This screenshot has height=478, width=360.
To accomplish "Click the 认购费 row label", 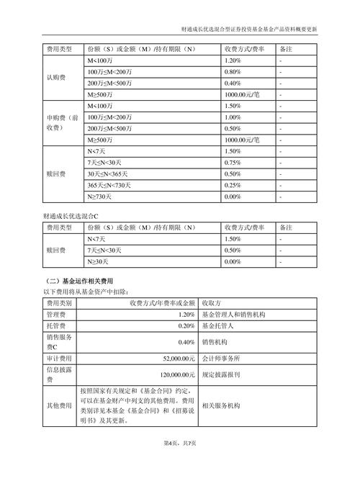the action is [x=56, y=77].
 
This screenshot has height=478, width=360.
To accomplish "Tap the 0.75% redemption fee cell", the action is [x=232, y=163].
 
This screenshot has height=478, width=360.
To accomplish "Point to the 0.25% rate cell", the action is [x=232, y=185].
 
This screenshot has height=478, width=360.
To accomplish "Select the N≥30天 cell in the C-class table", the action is [x=99, y=261].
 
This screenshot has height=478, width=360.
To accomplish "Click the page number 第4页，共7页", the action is [x=180, y=461].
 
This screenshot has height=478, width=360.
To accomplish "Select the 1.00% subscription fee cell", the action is [x=232, y=117].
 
